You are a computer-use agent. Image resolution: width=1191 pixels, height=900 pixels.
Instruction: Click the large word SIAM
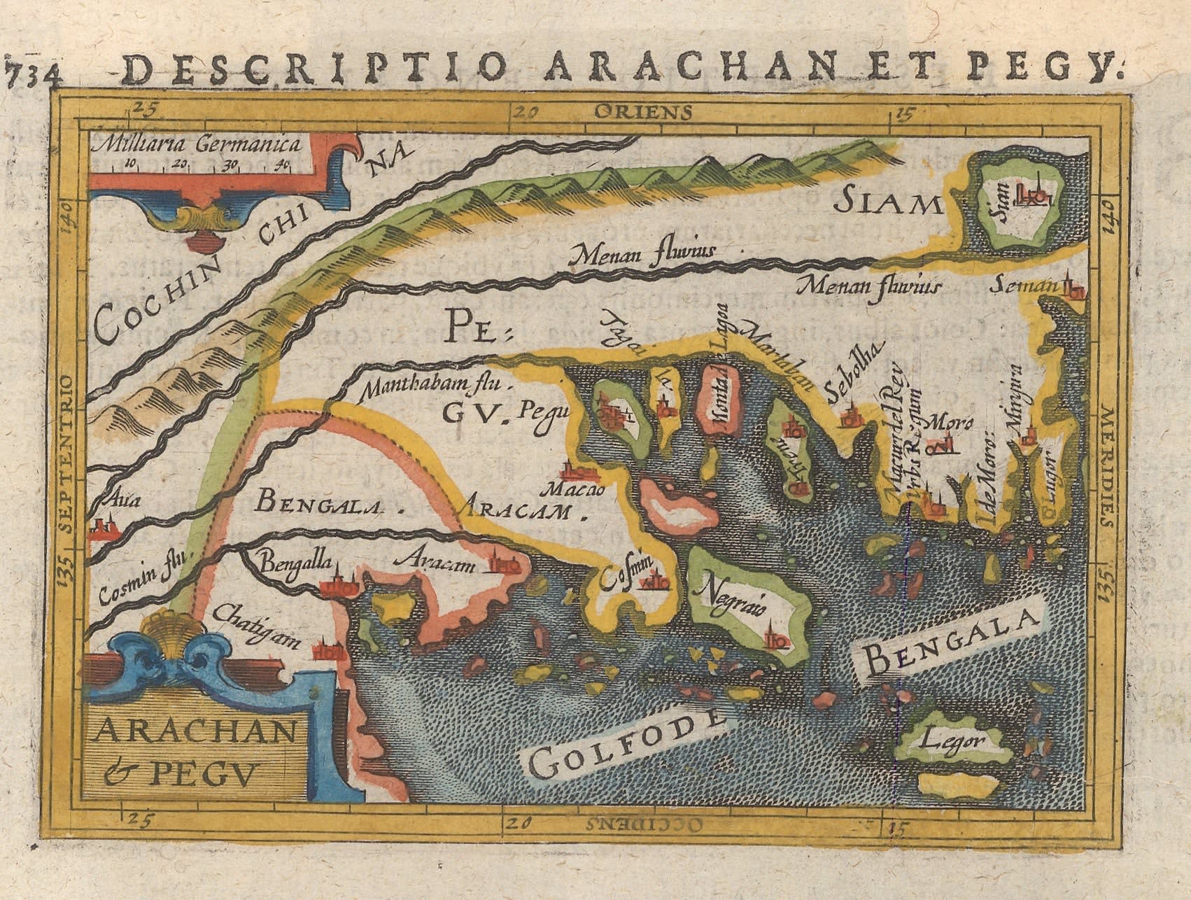888,202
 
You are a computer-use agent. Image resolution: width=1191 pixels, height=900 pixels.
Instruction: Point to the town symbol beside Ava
101,527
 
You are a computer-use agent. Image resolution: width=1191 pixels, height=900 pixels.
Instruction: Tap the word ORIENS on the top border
643,111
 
